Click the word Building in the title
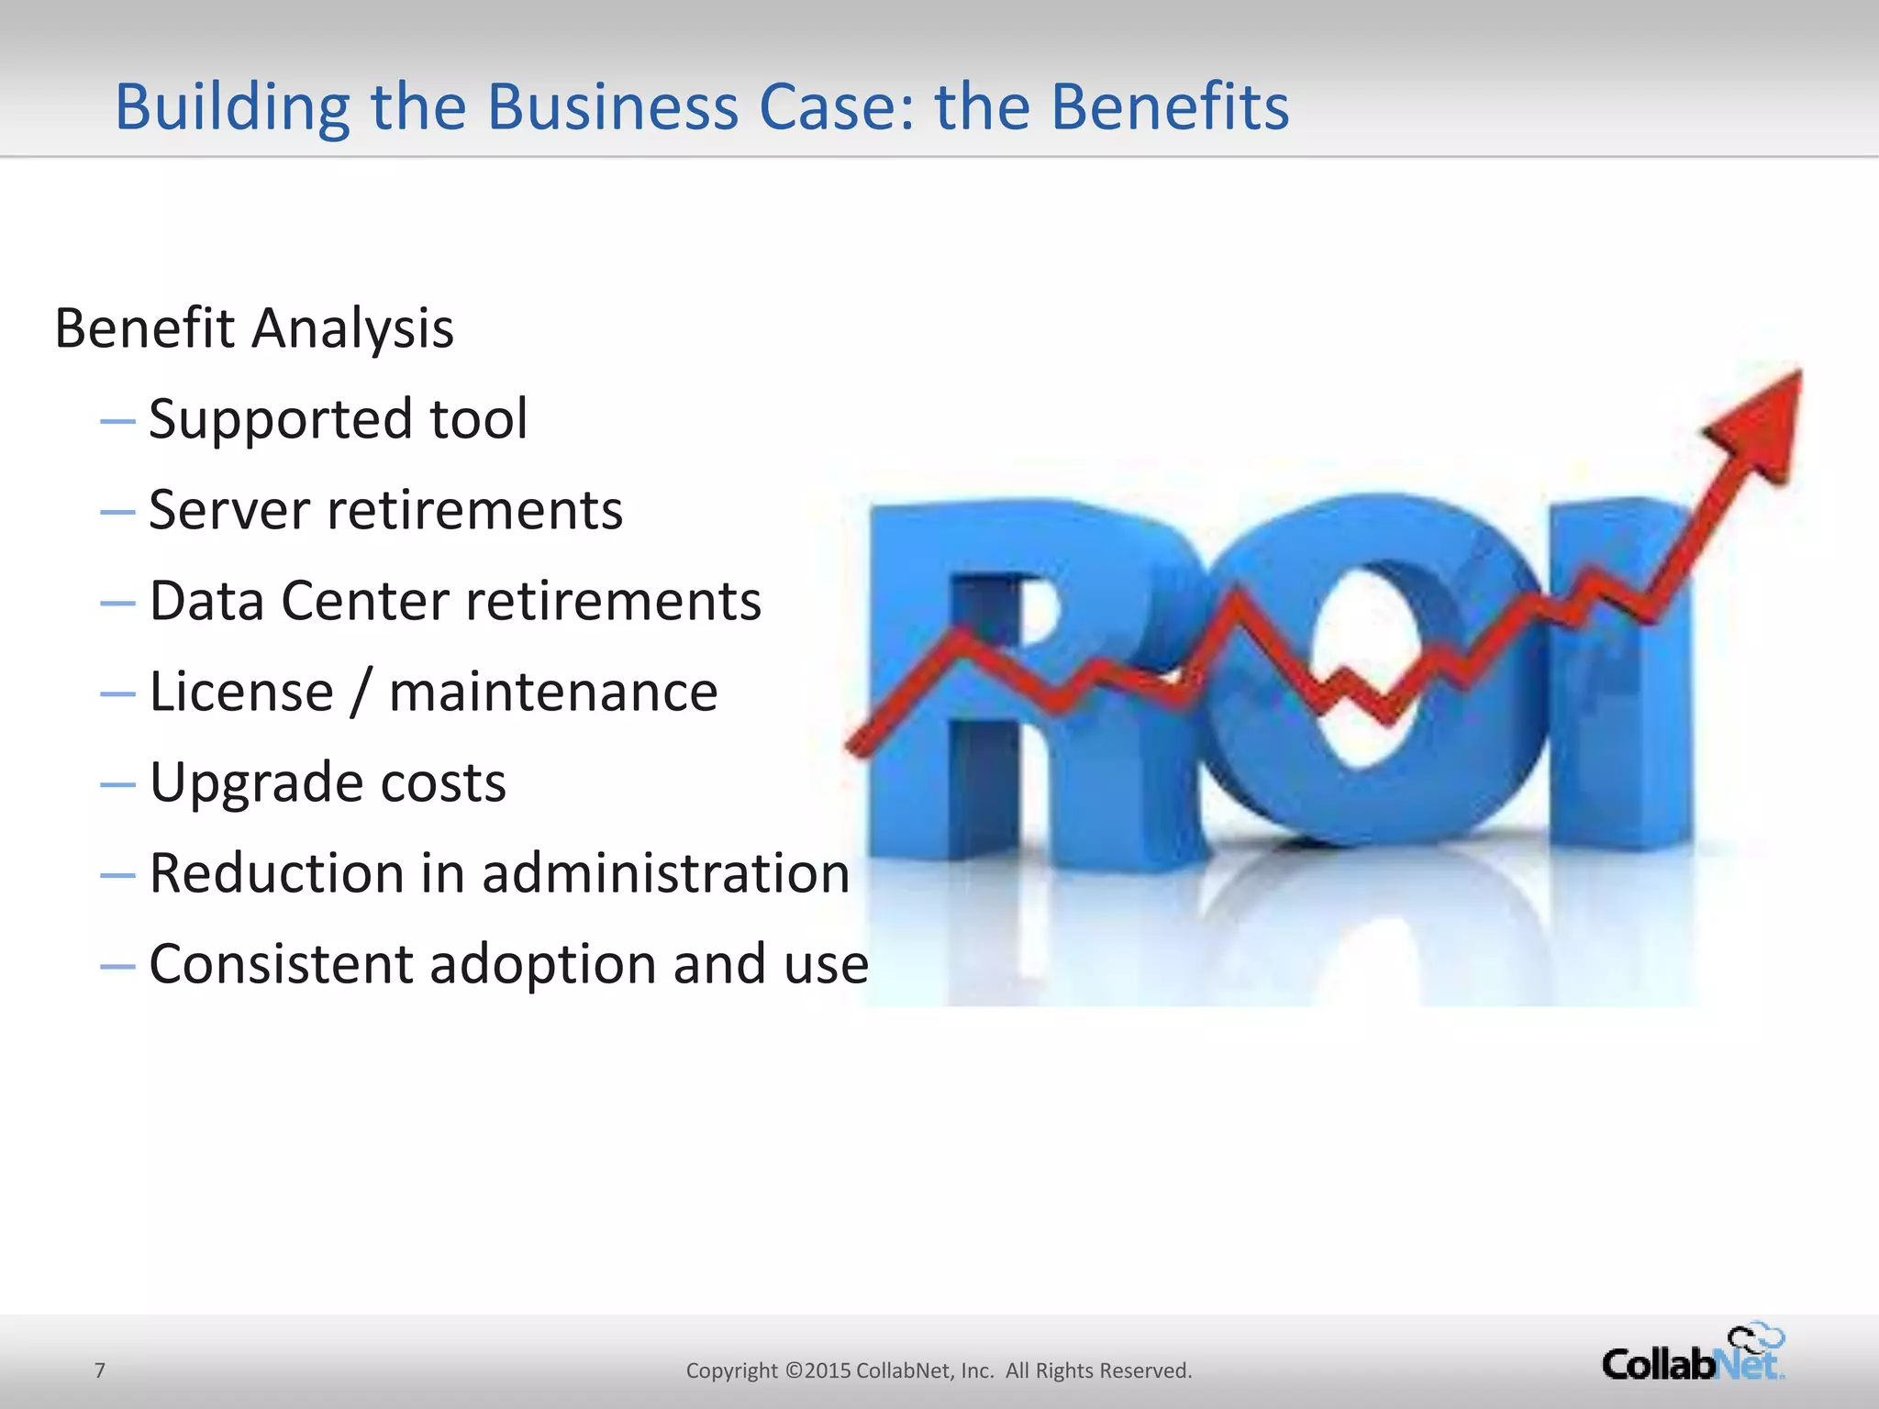click(x=232, y=108)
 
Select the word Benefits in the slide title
click(x=1170, y=106)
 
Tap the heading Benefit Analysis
click(x=254, y=328)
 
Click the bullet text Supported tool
click(x=338, y=419)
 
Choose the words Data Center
click(x=298, y=601)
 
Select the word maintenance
click(x=553, y=693)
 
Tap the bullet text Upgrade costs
click(x=328, y=782)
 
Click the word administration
click(x=666, y=873)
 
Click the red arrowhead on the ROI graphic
click(x=1766, y=422)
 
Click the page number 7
click(x=100, y=1370)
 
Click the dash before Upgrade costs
click(x=117, y=785)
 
